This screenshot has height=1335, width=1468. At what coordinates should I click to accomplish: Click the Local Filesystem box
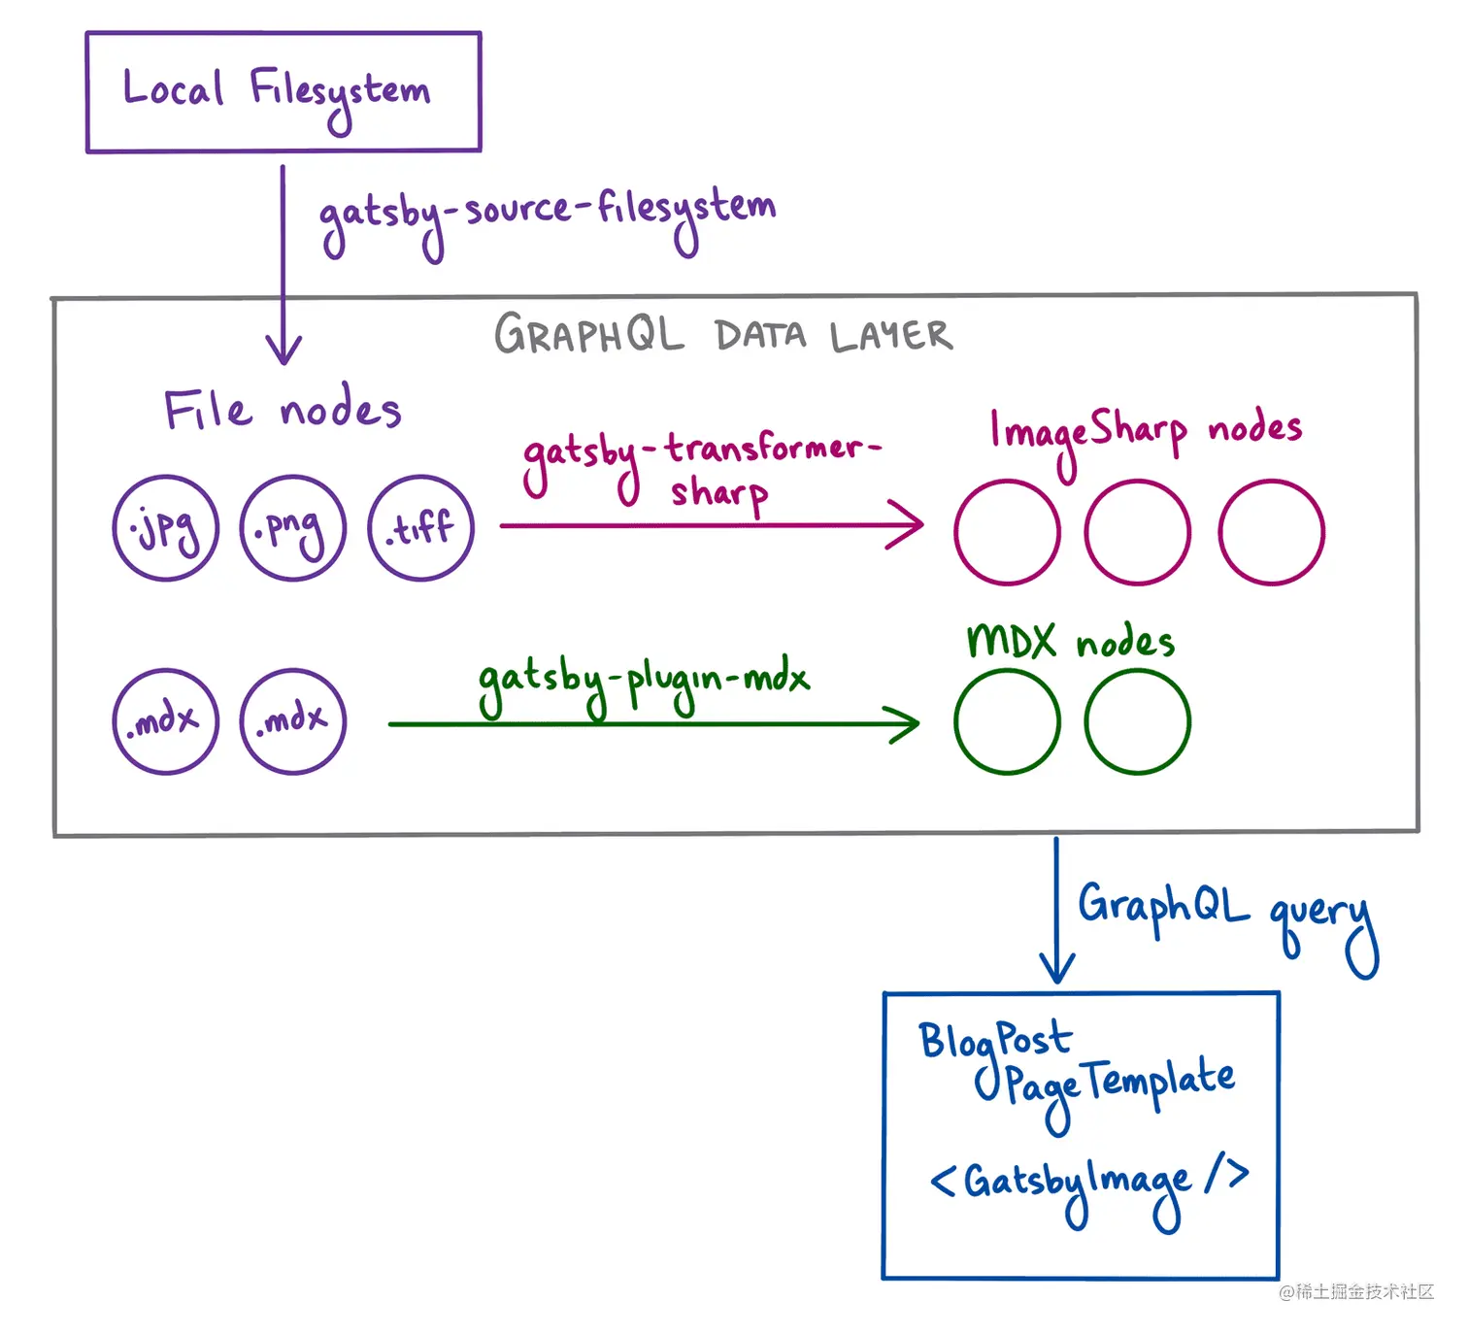coord(284,92)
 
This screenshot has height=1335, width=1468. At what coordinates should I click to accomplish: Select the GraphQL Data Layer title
coord(722,335)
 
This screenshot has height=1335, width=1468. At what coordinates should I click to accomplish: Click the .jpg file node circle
coord(165,528)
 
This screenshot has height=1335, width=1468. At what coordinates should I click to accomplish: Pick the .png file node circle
coord(293,528)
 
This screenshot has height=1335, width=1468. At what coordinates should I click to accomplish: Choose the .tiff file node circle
coord(421,528)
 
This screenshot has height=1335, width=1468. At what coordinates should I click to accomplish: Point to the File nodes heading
coord(282,410)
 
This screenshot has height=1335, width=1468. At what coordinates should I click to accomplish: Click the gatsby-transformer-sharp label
coord(701,468)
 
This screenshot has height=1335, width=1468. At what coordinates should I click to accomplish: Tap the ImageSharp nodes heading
coord(1146,431)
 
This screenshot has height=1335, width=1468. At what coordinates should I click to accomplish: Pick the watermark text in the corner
coord(1356,1291)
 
